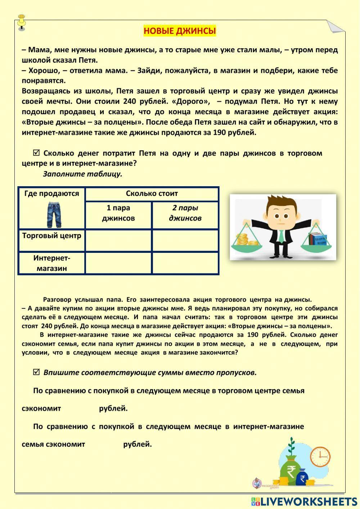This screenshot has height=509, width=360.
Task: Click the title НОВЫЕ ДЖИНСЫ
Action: (180, 31)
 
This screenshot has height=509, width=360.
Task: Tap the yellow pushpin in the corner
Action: (22, 21)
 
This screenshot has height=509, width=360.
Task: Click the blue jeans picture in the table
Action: (54, 215)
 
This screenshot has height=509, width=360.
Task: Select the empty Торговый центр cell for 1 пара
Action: (118, 240)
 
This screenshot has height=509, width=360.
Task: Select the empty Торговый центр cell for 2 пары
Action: (185, 240)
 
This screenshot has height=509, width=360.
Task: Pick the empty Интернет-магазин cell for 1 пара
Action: (118, 263)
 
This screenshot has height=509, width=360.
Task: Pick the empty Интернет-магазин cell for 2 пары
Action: (185, 263)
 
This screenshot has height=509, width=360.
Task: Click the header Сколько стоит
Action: (152, 194)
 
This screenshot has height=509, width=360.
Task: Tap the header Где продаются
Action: (51, 194)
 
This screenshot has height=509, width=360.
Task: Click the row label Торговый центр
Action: (51, 236)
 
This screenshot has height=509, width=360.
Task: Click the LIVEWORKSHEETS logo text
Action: (308, 501)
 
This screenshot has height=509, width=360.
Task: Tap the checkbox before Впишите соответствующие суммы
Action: (36, 372)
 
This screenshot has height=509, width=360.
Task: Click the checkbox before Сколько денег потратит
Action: (36, 153)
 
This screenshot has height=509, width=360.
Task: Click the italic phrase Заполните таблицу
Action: (82, 174)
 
